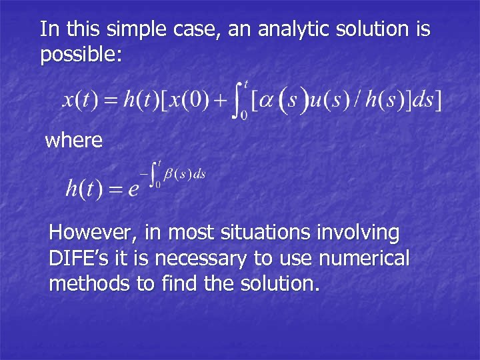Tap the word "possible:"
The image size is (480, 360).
point(81,55)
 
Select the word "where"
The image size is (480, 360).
point(73,141)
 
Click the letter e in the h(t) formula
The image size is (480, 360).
point(133,189)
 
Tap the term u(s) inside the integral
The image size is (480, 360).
point(332,101)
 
